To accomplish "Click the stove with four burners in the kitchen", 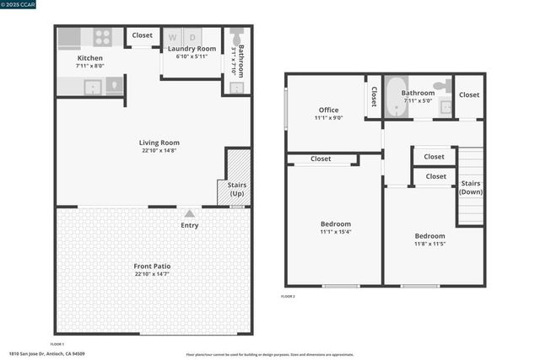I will (102, 37).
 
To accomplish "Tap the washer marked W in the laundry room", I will (173, 37).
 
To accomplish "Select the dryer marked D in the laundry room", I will (192, 37).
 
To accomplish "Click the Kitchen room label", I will (90, 57).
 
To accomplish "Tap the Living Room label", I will (159, 142).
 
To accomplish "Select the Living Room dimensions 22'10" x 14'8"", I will (159, 151).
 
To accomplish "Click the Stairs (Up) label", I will (237, 189).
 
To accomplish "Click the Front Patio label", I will (152, 266).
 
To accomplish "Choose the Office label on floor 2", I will (328, 110).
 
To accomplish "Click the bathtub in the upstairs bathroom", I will (394, 99).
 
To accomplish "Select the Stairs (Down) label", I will (471, 187).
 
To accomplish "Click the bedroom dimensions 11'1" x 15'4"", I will (335, 232).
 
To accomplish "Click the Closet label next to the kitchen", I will (143, 35).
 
